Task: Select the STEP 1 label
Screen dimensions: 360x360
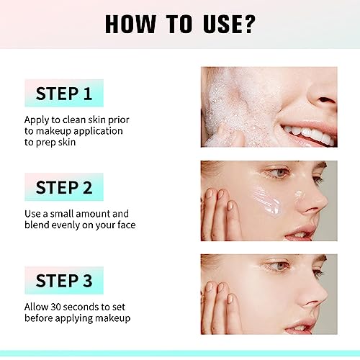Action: tap(64, 93)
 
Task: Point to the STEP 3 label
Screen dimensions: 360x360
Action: tap(64, 280)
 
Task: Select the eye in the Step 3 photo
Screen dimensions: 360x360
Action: tap(275, 266)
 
